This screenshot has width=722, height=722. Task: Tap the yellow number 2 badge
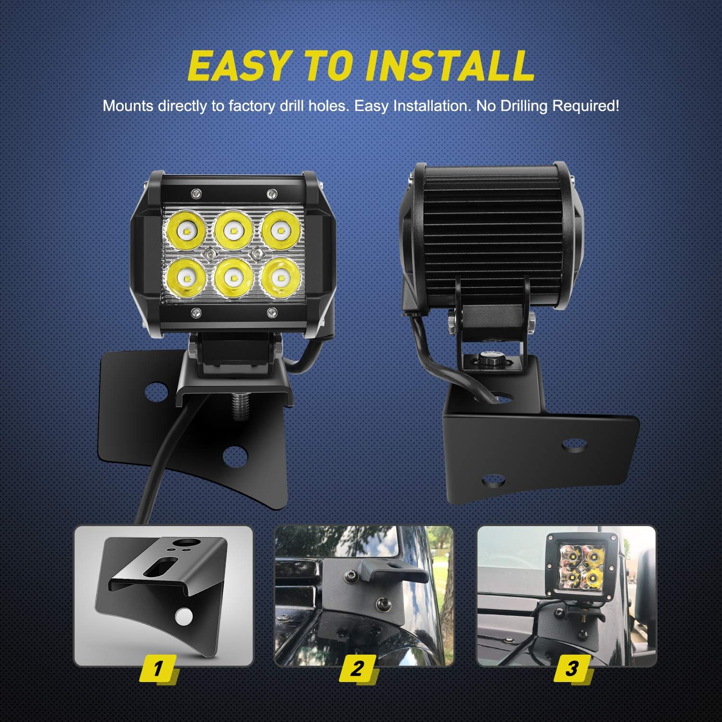[x=357, y=669]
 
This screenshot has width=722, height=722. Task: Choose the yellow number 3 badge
[x=571, y=669]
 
